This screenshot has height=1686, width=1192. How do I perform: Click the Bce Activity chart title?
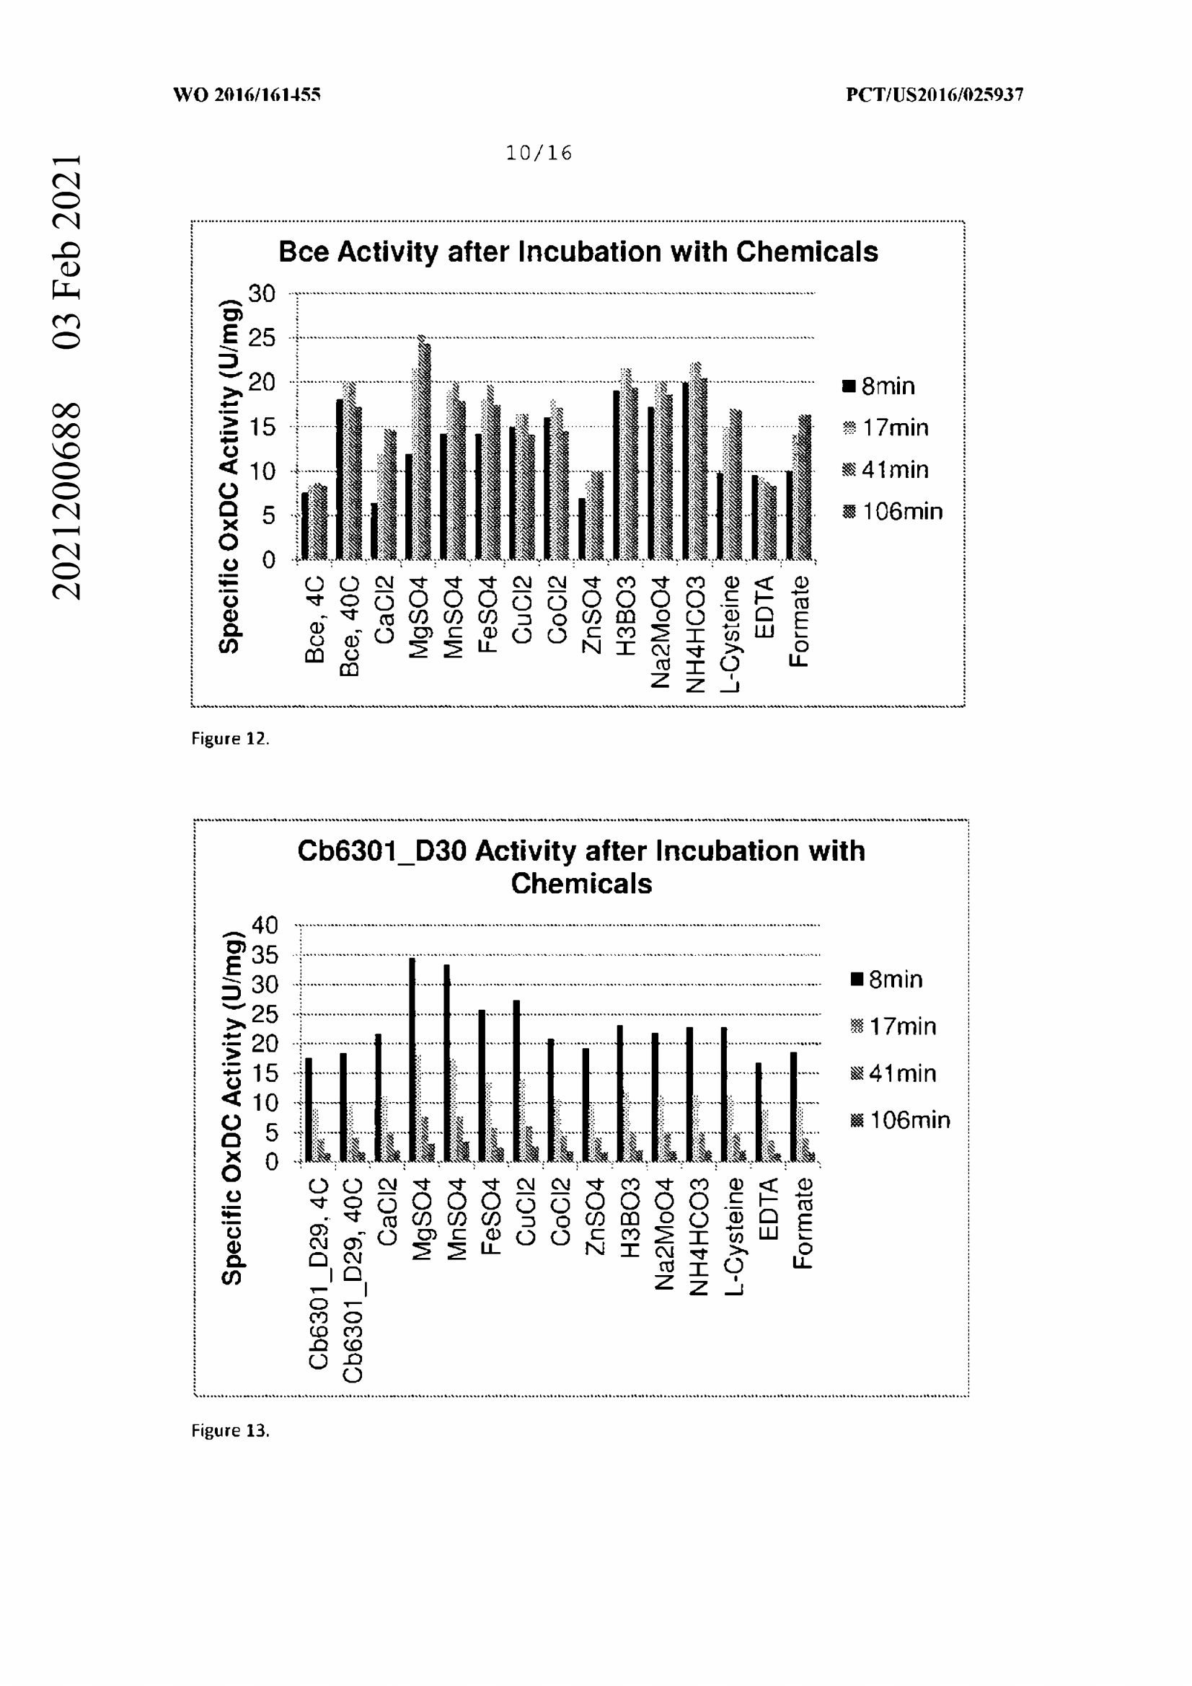pos(578,252)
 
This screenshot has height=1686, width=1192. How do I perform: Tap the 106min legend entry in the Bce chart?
pos(892,511)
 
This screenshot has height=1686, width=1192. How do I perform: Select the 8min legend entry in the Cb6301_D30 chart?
pos(886,979)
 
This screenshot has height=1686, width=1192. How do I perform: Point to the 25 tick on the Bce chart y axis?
pos(262,338)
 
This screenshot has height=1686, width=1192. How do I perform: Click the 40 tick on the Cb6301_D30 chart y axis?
pos(265,925)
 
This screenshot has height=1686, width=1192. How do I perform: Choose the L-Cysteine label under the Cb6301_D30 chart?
pos(734,1238)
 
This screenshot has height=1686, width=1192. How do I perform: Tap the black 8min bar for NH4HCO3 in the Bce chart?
pos(685,471)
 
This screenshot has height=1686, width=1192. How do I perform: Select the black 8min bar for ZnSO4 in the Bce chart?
pos(582,528)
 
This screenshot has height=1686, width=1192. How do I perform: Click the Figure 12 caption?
pos(230,738)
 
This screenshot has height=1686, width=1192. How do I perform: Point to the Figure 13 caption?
pos(230,1429)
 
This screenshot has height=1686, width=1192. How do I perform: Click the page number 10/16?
pos(539,153)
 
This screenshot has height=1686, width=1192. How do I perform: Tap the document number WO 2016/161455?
pos(247,94)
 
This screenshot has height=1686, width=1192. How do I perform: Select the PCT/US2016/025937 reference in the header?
pos(935,94)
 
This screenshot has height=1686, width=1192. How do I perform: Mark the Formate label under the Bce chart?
pos(799,621)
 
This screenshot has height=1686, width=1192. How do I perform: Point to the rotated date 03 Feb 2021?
pos(67,251)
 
